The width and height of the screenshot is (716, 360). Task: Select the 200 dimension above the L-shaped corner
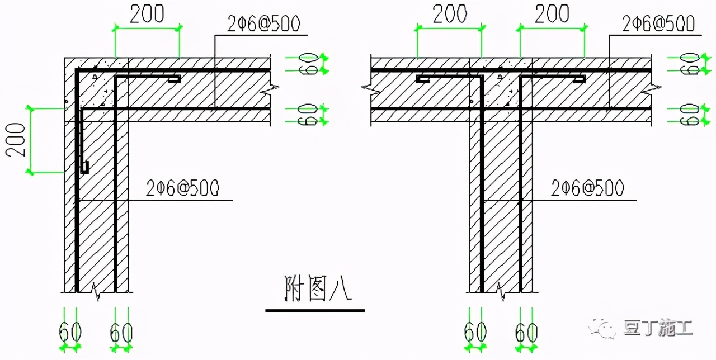coord(147,14)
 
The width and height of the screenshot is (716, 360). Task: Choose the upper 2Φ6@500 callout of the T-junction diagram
coord(658,24)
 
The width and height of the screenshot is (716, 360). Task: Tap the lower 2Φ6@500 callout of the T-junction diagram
coord(587,188)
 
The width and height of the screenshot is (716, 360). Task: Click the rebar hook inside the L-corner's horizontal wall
coord(174,80)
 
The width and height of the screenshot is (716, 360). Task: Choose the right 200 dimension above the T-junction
coord(552,14)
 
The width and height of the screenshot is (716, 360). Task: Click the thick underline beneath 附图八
coord(315,310)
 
